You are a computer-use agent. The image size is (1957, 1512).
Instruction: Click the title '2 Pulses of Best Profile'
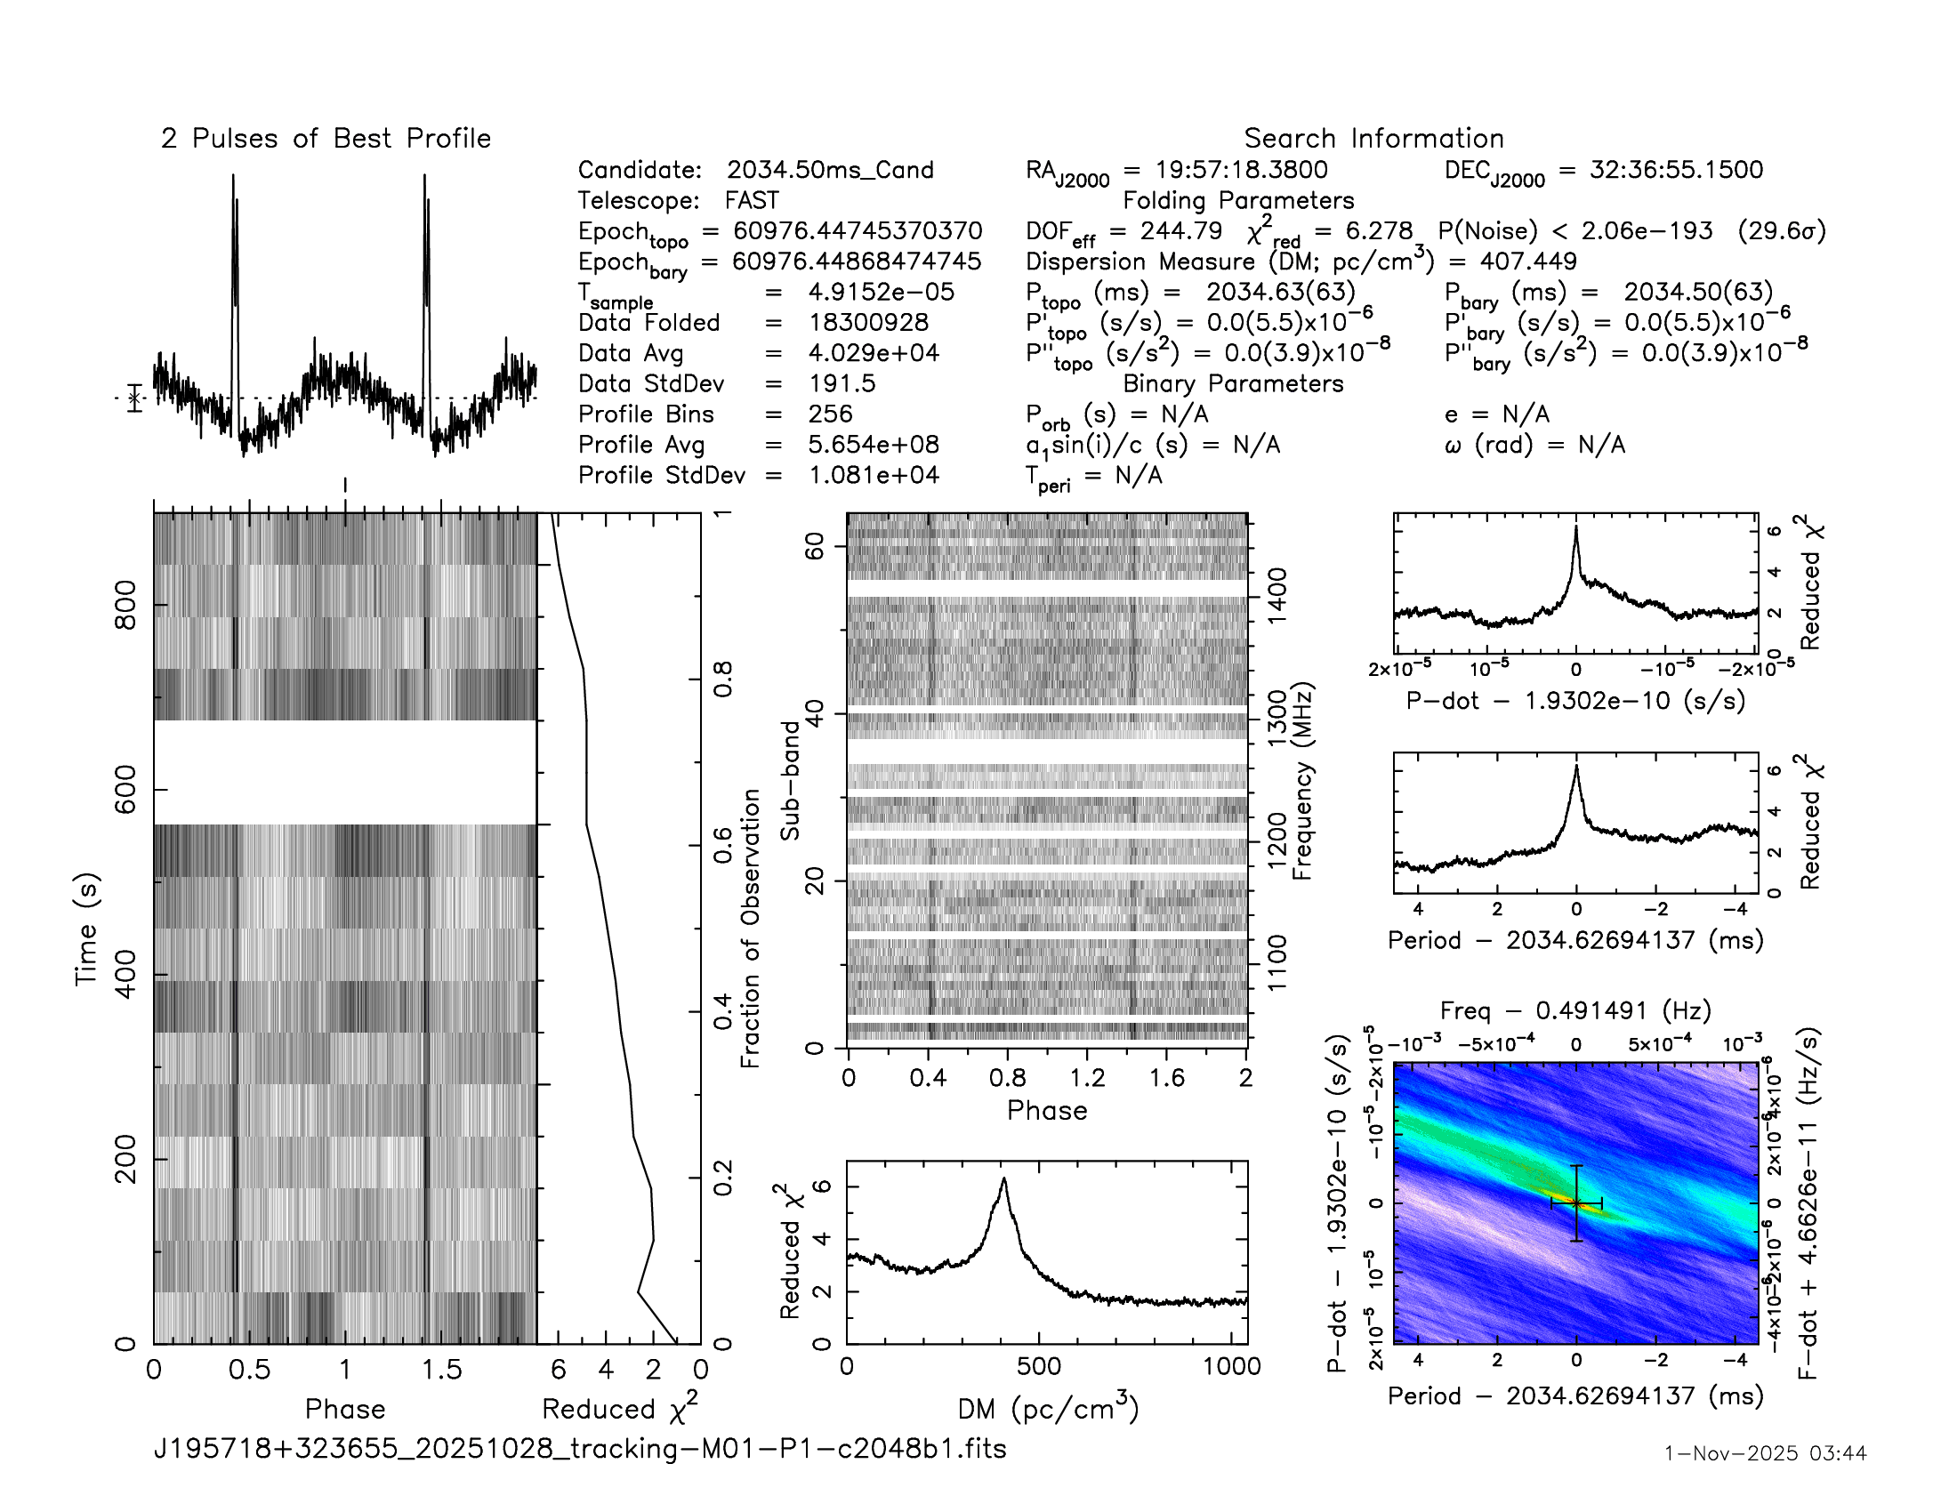coord(326,139)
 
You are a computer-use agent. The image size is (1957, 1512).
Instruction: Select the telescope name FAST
coord(752,201)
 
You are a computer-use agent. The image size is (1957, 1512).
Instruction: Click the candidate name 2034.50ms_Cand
coord(830,170)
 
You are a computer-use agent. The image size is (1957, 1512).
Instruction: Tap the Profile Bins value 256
coord(830,414)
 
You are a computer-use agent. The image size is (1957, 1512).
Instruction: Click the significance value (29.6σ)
coord(1781,231)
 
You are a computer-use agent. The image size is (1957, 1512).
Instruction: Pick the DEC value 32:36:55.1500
coord(1676,170)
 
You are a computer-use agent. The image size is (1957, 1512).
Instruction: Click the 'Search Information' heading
coord(1373,139)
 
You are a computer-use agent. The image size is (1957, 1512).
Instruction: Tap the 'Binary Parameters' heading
coord(1233,383)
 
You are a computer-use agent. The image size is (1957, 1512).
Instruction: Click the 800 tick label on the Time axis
coord(126,606)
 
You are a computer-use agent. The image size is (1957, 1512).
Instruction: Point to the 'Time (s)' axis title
coord(86,929)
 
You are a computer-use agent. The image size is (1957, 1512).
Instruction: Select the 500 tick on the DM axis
coord(1038,1366)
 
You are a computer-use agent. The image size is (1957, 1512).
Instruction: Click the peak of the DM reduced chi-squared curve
coord(1003,1179)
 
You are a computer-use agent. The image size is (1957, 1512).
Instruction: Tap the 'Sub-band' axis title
coord(789,780)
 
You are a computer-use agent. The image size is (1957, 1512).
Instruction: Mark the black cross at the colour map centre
coord(1576,1203)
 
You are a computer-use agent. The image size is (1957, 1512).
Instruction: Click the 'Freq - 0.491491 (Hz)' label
coord(1575,1010)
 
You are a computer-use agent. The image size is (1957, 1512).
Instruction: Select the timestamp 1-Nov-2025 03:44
coord(1765,1453)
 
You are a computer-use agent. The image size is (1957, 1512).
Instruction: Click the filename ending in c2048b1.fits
coord(580,1448)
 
